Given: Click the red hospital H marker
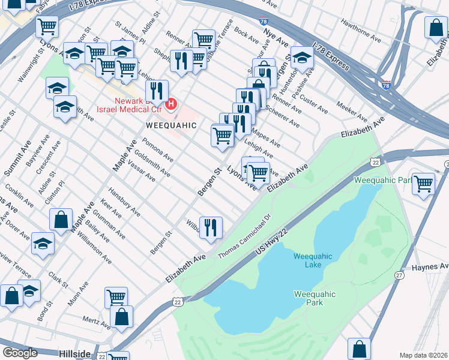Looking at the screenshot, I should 171,104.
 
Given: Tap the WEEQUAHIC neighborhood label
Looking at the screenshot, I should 171,125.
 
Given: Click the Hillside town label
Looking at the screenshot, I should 74,354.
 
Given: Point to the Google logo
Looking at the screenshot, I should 20,353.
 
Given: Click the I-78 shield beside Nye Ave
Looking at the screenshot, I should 265,20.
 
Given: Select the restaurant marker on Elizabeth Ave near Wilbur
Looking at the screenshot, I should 210,227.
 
